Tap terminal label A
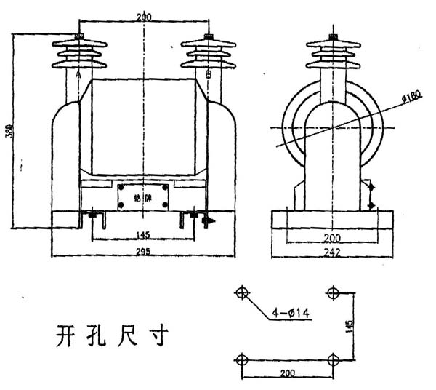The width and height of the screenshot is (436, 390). (78, 75)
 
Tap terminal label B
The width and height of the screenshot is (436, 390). (209, 75)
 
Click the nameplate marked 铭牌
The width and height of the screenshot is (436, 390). (143, 197)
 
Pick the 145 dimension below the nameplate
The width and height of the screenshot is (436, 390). (143, 236)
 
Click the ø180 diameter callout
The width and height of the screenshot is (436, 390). (411, 97)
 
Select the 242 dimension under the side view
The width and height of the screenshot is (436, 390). (333, 252)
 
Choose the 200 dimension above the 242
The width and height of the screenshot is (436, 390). (333, 237)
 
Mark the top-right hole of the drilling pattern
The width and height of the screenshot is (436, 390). (334, 293)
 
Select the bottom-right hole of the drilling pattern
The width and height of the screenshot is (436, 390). (334, 359)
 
